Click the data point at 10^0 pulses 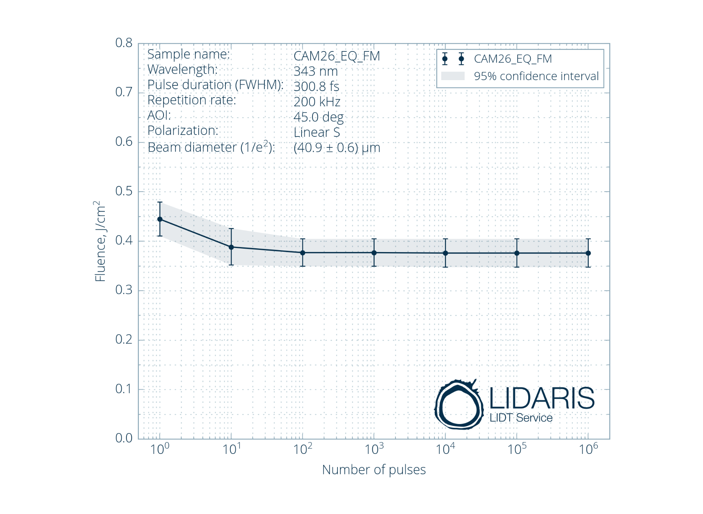click(160, 219)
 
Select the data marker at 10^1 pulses click(231, 247)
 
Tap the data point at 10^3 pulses click(374, 253)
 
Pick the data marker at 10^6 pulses click(588, 253)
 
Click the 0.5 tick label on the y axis click(124, 191)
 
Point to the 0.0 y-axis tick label click(124, 438)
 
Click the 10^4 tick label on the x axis click(445, 449)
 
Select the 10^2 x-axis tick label click(302, 449)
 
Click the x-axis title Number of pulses click(374, 470)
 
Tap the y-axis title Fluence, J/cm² click(100, 241)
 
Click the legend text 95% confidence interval click(536, 76)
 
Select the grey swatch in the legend click(453, 76)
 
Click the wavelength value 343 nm click(316, 71)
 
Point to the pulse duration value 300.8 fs click(316, 87)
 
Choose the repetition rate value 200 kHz click(317, 102)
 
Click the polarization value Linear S click(317, 133)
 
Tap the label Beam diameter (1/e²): click(211, 147)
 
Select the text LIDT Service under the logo click(521, 418)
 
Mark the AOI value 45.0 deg click(319, 117)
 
